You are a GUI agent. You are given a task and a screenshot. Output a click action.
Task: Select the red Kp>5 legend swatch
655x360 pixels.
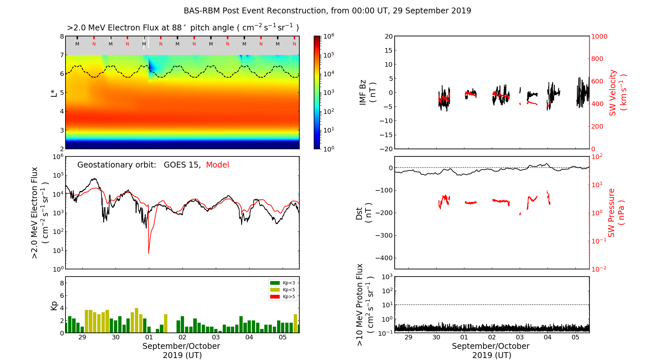(274, 297)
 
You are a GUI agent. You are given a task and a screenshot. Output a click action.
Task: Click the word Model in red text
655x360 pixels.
(217, 165)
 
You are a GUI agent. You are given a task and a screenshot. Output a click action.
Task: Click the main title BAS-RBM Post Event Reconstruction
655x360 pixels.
(327, 11)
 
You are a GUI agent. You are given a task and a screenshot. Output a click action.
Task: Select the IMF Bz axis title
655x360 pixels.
(367, 93)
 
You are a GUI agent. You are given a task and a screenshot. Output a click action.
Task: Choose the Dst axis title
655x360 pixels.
(364, 213)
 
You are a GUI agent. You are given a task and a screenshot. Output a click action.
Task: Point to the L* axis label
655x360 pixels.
(54, 93)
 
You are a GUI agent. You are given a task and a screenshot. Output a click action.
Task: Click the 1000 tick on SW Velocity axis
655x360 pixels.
(599, 36)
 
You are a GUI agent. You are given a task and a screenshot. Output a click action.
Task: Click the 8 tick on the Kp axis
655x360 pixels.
(62, 283)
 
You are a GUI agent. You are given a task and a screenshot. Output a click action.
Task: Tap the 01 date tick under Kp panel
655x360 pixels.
(149, 337)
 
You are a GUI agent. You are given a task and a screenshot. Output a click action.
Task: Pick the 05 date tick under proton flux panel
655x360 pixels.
(575, 337)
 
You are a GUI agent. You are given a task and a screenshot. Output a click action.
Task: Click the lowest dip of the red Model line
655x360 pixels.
(149, 253)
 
